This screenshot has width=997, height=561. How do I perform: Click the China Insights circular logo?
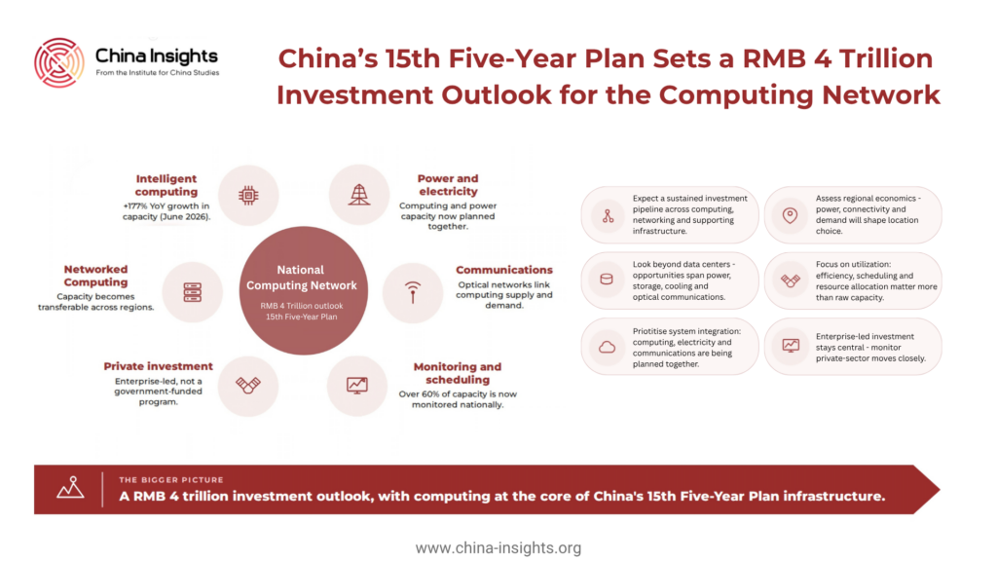tap(59, 62)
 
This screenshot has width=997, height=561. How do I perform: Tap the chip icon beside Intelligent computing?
tap(248, 195)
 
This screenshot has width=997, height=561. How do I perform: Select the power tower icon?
tap(359, 195)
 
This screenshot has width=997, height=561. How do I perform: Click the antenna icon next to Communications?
tap(413, 292)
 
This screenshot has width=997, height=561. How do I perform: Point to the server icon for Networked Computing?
tap(193, 292)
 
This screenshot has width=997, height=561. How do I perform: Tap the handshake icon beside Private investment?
tap(248, 385)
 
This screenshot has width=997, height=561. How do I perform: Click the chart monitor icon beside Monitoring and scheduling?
tap(356, 385)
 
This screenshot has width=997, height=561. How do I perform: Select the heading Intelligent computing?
tap(166, 185)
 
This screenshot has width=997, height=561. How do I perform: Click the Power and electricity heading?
tap(448, 185)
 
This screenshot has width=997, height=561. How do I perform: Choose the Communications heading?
tap(504, 270)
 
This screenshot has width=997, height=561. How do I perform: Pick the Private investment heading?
tap(159, 366)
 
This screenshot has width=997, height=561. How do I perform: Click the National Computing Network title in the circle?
tap(302, 278)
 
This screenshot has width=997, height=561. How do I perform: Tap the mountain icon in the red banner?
tap(70, 487)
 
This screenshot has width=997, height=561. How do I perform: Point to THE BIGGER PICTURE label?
tap(171, 479)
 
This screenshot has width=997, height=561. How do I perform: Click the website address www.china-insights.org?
tap(498, 547)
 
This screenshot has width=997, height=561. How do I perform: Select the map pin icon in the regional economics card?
tap(790, 215)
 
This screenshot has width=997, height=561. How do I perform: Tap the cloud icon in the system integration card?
tap(608, 348)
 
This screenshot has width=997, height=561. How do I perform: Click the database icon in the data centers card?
tap(607, 280)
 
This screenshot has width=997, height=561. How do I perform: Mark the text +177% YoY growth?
tap(166, 206)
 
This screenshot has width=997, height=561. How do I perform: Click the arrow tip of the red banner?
tap(940, 489)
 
